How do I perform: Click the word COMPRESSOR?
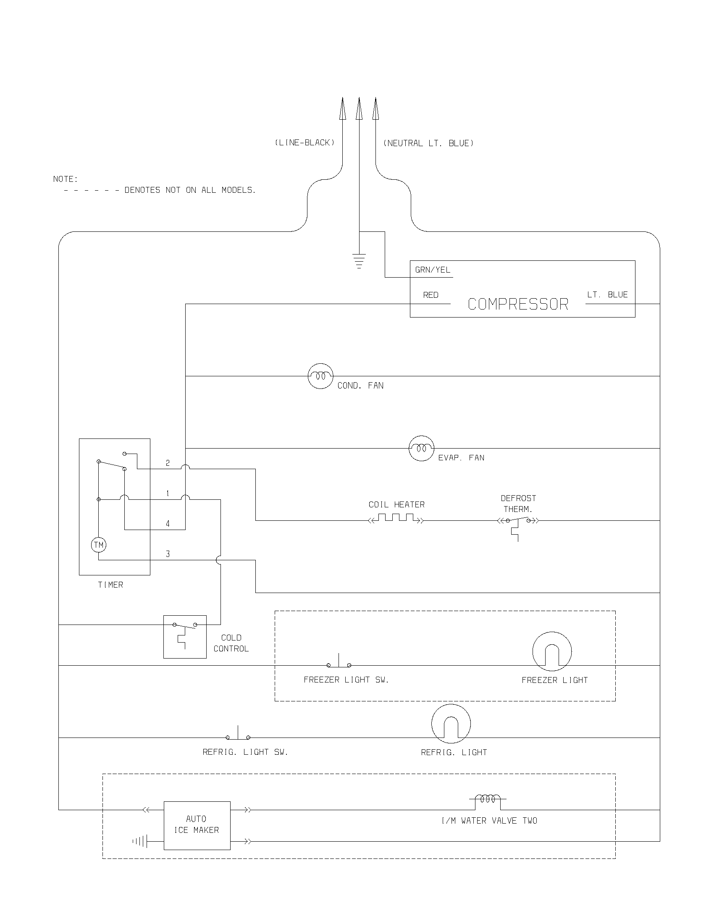click(x=518, y=304)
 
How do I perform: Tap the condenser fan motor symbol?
click(x=320, y=376)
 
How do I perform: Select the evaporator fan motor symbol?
click(x=421, y=448)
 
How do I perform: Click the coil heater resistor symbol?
click(x=396, y=518)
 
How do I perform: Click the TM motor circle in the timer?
click(x=99, y=544)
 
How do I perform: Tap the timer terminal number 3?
click(x=168, y=554)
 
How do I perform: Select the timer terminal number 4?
click(x=168, y=524)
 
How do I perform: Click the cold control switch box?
click(x=185, y=637)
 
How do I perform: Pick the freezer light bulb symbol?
click(x=551, y=651)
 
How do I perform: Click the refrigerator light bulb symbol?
click(x=451, y=724)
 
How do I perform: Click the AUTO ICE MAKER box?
click(x=197, y=824)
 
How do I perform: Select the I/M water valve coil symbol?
click(x=488, y=799)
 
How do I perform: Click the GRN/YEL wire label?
click(x=432, y=270)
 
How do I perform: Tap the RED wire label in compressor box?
click(x=430, y=295)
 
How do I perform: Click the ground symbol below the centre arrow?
click(x=359, y=261)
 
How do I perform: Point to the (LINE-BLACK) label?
click(x=304, y=142)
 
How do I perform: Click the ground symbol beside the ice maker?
click(x=140, y=841)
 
